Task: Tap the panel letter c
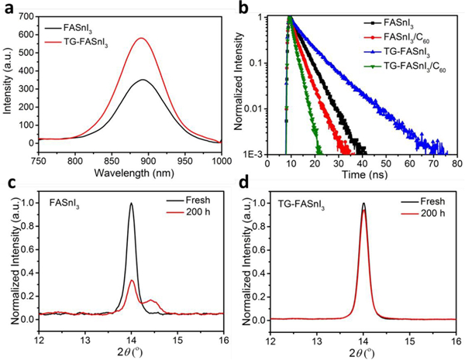[8, 189]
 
